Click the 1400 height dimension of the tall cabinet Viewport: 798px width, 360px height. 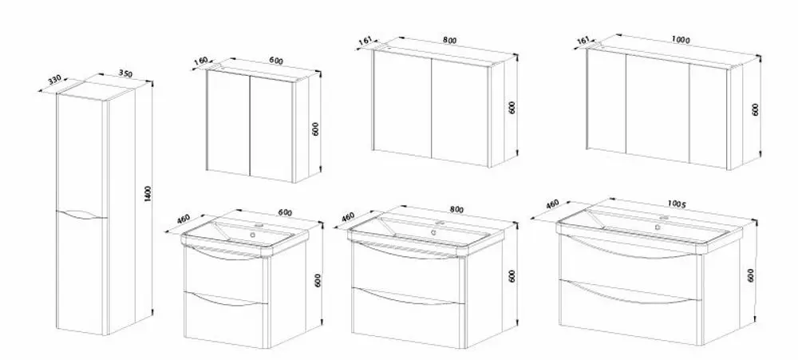click(148, 193)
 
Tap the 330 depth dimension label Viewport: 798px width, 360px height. click(54, 80)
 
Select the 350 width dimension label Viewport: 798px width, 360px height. click(125, 73)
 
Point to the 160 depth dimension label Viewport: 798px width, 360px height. click(201, 61)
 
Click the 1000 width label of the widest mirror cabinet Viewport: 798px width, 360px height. click(681, 40)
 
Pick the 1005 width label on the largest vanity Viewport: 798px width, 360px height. click(677, 204)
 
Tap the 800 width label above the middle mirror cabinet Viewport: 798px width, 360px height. click(450, 40)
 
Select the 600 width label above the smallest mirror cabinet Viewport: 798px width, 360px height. click(276, 61)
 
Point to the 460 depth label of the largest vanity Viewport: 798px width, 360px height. click(552, 204)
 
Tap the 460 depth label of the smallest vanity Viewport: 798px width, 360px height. click(184, 219)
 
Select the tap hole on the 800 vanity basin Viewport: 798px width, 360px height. click(433, 232)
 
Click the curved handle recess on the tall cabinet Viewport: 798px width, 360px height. click(82, 215)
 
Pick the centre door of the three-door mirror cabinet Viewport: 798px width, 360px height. click(658, 109)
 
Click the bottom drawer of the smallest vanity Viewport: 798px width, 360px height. click(226, 318)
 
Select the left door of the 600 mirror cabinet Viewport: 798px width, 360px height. click(228, 122)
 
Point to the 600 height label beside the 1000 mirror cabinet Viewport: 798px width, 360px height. click(755, 109)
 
